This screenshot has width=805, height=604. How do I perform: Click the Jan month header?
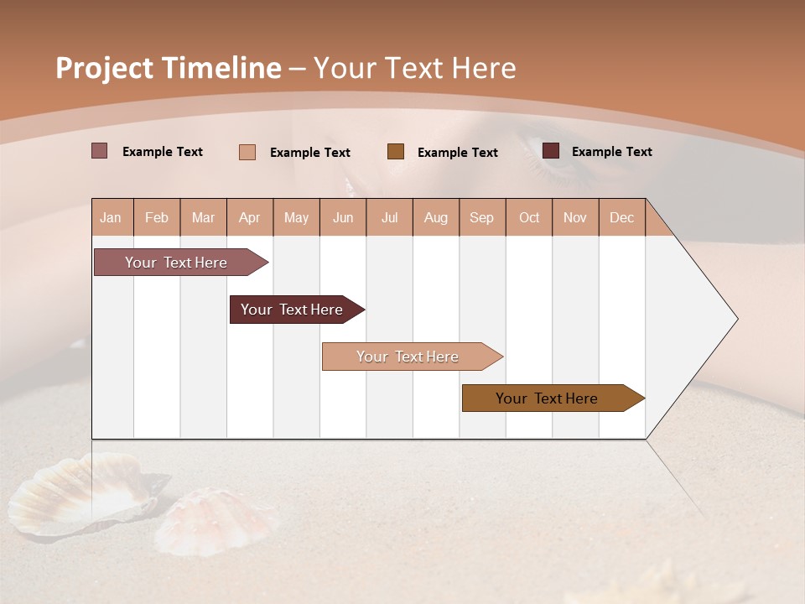(x=111, y=217)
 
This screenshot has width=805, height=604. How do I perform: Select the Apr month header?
(x=249, y=217)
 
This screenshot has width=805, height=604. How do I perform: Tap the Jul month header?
(x=389, y=217)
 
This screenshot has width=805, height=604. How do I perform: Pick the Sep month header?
(x=481, y=217)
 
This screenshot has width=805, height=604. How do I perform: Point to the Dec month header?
(x=621, y=217)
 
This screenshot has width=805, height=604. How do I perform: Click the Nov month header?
(x=574, y=217)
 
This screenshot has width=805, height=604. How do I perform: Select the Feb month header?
(x=157, y=217)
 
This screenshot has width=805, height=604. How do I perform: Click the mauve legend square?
(x=100, y=151)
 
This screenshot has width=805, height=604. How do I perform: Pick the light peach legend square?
(x=247, y=152)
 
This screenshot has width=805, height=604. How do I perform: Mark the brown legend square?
(x=396, y=151)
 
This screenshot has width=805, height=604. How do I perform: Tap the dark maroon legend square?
(x=551, y=151)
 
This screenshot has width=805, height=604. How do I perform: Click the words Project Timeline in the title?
(x=168, y=68)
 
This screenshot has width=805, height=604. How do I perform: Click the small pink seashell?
(x=214, y=520)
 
